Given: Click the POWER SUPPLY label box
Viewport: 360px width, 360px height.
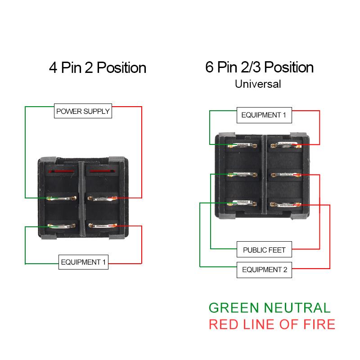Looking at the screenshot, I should pos(83,111).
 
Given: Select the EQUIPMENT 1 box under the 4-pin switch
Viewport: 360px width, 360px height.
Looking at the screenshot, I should pos(84,262).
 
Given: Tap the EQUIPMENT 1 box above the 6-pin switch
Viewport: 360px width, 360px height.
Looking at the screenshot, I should pos(264,115).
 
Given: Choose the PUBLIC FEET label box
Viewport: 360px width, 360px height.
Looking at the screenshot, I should pos(264,249).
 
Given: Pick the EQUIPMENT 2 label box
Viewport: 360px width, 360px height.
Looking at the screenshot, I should pos(264,270).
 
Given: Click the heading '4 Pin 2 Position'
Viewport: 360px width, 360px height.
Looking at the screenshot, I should pos(97,68).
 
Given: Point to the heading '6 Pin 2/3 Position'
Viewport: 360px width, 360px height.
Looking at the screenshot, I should pos(259,67).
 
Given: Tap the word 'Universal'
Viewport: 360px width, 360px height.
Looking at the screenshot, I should pos(258,84).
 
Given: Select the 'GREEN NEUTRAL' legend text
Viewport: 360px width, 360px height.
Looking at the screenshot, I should pos(270,308).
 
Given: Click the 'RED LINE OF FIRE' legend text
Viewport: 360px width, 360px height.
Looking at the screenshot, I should pos(272,324).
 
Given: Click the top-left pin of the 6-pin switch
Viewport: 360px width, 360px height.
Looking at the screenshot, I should pos(243,145).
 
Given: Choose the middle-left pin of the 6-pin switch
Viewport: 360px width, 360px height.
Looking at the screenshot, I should pos(243,174).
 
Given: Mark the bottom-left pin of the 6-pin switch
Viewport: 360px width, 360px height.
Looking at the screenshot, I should pos(243,204).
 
